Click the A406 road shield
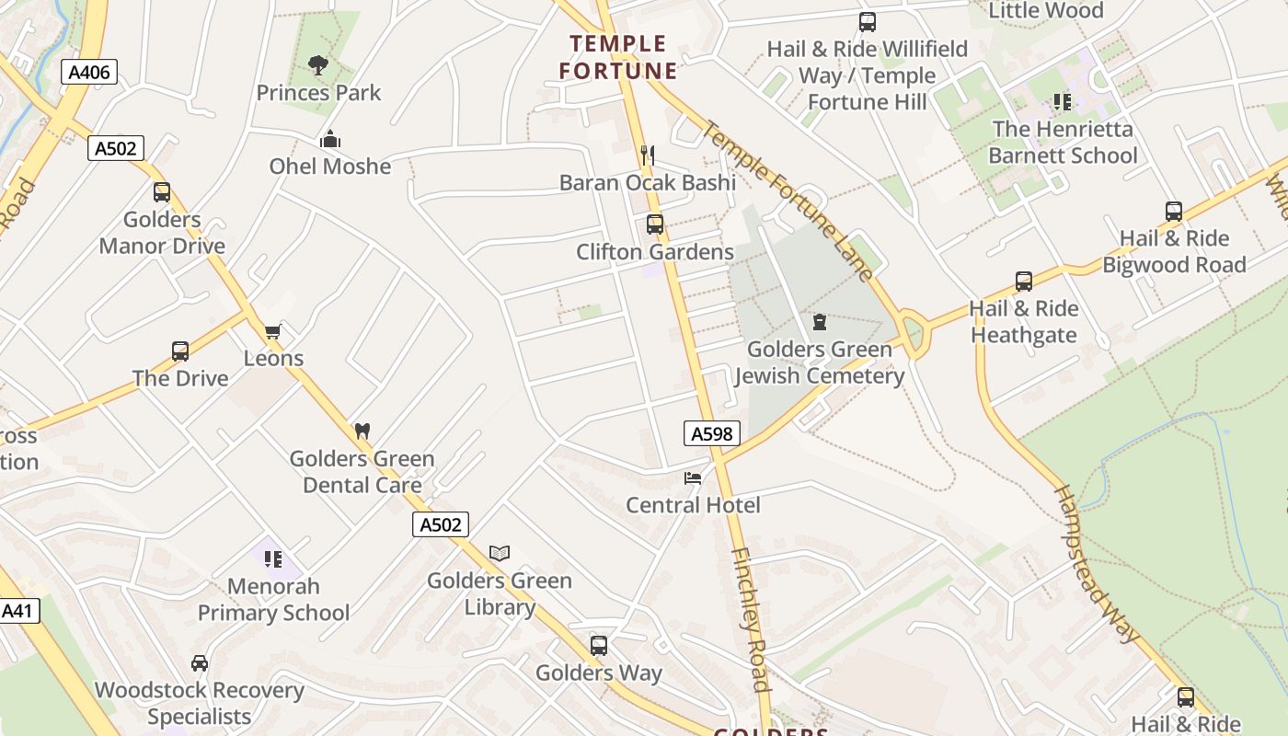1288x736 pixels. point(89,72)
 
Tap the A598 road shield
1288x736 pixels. point(712,433)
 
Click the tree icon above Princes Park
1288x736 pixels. point(318,65)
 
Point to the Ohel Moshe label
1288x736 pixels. point(329,167)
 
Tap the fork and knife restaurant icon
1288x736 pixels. point(648,155)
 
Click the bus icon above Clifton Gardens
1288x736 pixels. point(655,224)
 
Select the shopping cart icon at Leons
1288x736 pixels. point(272,331)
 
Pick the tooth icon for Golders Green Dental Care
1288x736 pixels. point(362,431)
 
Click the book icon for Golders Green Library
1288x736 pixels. point(500,553)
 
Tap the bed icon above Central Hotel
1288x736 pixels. point(693,477)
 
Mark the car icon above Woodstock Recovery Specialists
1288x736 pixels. point(200,662)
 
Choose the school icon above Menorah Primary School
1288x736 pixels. point(272,558)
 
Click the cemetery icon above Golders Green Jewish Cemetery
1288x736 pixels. point(820,322)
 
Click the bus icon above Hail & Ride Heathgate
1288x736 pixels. point(1024,282)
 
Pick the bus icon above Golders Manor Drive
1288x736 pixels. point(162,192)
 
